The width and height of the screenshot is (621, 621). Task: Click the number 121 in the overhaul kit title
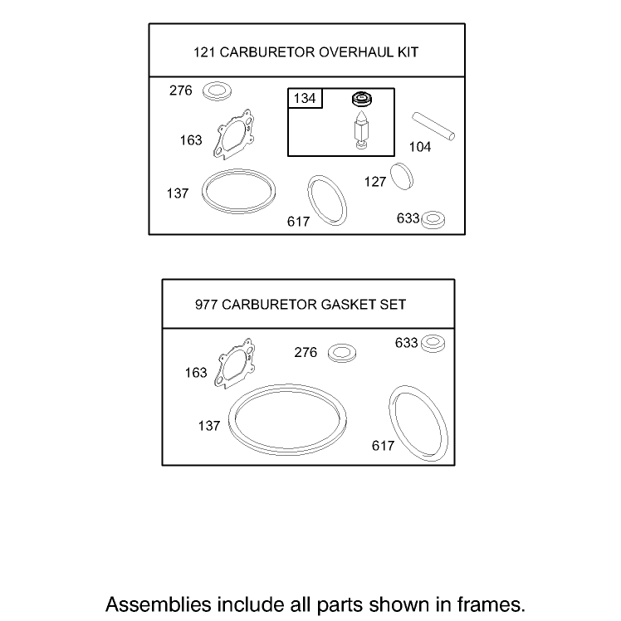coord(204,52)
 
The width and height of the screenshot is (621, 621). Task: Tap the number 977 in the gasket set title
coord(206,305)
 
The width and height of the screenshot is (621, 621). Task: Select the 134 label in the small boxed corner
coord(305,98)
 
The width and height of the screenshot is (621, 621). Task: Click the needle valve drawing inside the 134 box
coord(361,130)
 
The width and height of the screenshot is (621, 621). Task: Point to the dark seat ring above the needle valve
coord(362,99)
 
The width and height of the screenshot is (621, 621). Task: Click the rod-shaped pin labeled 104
coord(433,126)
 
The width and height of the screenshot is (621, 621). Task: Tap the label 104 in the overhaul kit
coord(420,147)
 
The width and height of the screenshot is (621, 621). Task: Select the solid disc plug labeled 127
coord(402,176)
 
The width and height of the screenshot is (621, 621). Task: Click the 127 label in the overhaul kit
coord(374,182)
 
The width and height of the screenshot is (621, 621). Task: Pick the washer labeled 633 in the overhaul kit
coord(433,219)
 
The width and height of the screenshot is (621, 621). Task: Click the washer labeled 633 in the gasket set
coord(433,344)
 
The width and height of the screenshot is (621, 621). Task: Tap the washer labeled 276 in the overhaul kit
coord(217,91)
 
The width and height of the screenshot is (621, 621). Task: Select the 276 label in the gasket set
coord(306,352)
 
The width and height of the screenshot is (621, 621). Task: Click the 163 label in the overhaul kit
coord(191,140)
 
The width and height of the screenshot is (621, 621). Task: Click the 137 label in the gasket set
coord(208,426)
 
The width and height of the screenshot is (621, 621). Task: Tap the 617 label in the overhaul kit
coord(298,222)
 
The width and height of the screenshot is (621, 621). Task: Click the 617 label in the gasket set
coord(383,446)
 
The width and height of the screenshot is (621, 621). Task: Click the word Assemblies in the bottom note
coord(159,604)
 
